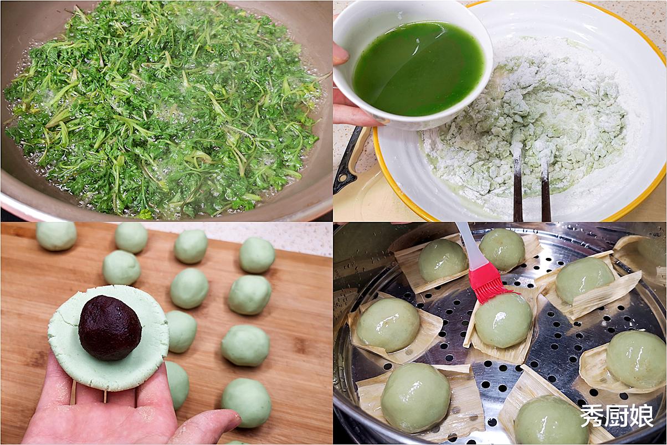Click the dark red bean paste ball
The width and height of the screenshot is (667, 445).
(110, 328)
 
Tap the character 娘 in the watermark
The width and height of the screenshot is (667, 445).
(642, 416)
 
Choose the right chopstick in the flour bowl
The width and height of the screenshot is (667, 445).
(545, 188)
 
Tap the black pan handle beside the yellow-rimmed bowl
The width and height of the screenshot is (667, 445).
(348, 161)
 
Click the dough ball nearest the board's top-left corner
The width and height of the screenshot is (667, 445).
(57, 236)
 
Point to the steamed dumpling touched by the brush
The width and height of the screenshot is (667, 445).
(503, 320)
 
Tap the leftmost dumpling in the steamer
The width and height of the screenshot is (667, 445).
(388, 325)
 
